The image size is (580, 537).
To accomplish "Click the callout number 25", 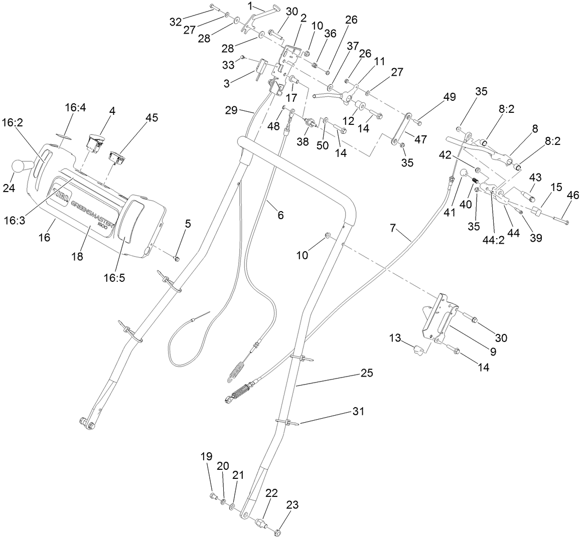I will click(x=367, y=374).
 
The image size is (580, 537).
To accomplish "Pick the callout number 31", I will click(x=357, y=411).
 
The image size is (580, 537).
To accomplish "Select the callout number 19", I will click(x=207, y=457).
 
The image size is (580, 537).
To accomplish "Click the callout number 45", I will click(x=152, y=117).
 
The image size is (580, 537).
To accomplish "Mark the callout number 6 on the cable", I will click(x=280, y=215).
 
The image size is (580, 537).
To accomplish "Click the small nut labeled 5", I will click(x=177, y=258).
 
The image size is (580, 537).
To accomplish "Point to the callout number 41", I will click(x=449, y=212).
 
